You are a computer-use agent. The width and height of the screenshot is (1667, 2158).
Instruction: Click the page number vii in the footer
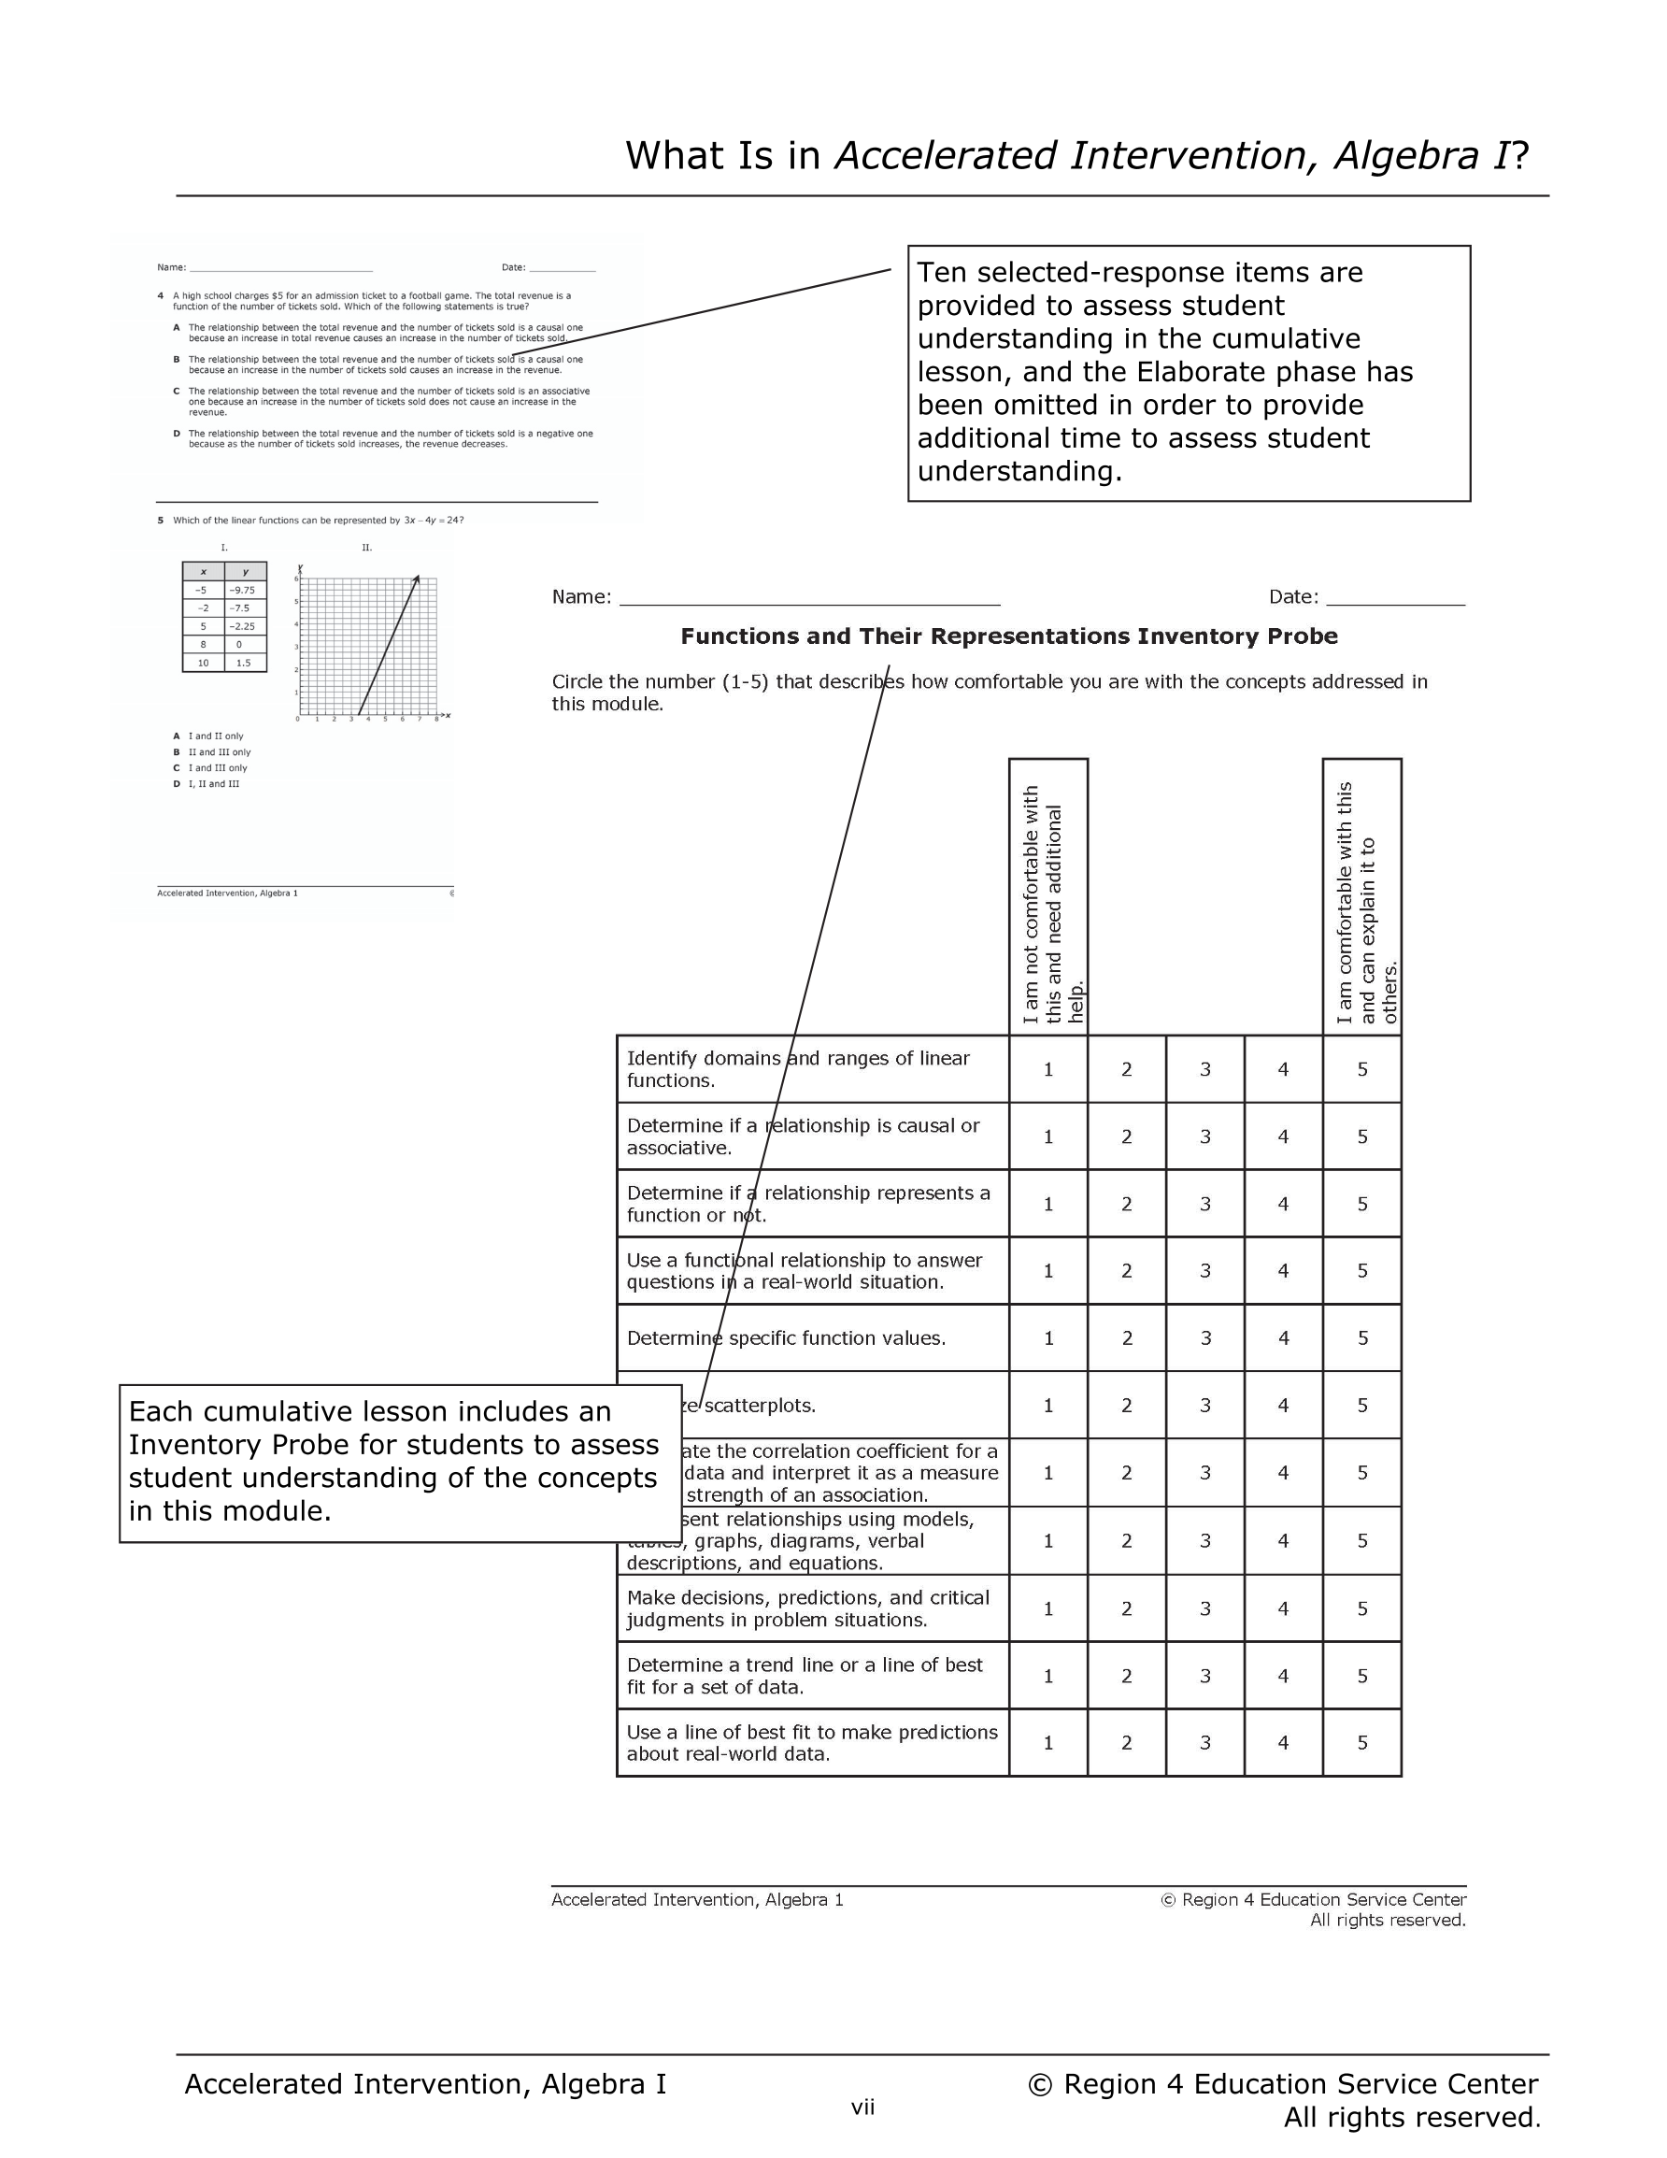(x=862, y=2108)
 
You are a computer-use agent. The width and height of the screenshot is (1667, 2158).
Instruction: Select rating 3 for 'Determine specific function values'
(x=1205, y=1337)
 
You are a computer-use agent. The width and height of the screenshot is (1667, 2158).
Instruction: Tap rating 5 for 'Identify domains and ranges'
(x=1361, y=1069)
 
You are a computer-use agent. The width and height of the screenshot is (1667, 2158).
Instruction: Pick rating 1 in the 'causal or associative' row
(x=1048, y=1136)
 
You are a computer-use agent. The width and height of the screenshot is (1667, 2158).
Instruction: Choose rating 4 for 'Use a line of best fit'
(x=1284, y=1743)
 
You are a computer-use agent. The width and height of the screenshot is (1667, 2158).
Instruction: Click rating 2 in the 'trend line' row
(x=1127, y=1676)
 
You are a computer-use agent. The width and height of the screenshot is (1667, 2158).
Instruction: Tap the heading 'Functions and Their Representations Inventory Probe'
(x=1009, y=636)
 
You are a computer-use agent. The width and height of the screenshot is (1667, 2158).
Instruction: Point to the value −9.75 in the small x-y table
(x=242, y=590)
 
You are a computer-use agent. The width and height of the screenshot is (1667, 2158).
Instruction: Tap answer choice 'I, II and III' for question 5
(x=213, y=783)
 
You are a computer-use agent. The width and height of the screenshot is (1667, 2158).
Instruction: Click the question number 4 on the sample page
(x=160, y=295)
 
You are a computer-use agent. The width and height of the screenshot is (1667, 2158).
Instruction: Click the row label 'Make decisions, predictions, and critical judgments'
(x=807, y=1608)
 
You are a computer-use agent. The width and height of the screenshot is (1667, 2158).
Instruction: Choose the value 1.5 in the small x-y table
(x=243, y=663)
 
